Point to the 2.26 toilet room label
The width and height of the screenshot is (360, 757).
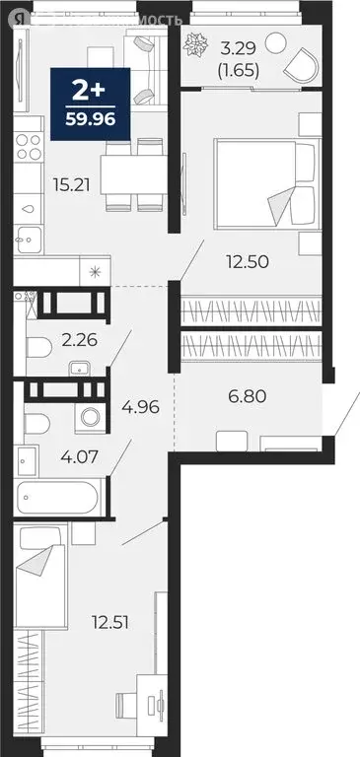[x=80, y=340]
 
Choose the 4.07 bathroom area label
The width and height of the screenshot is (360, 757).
[x=80, y=457]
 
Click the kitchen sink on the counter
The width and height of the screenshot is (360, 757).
[x=29, y=240]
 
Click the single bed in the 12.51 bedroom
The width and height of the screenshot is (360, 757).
[x=40, y=572]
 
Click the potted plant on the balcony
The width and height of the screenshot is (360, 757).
[x=195, y=42]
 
